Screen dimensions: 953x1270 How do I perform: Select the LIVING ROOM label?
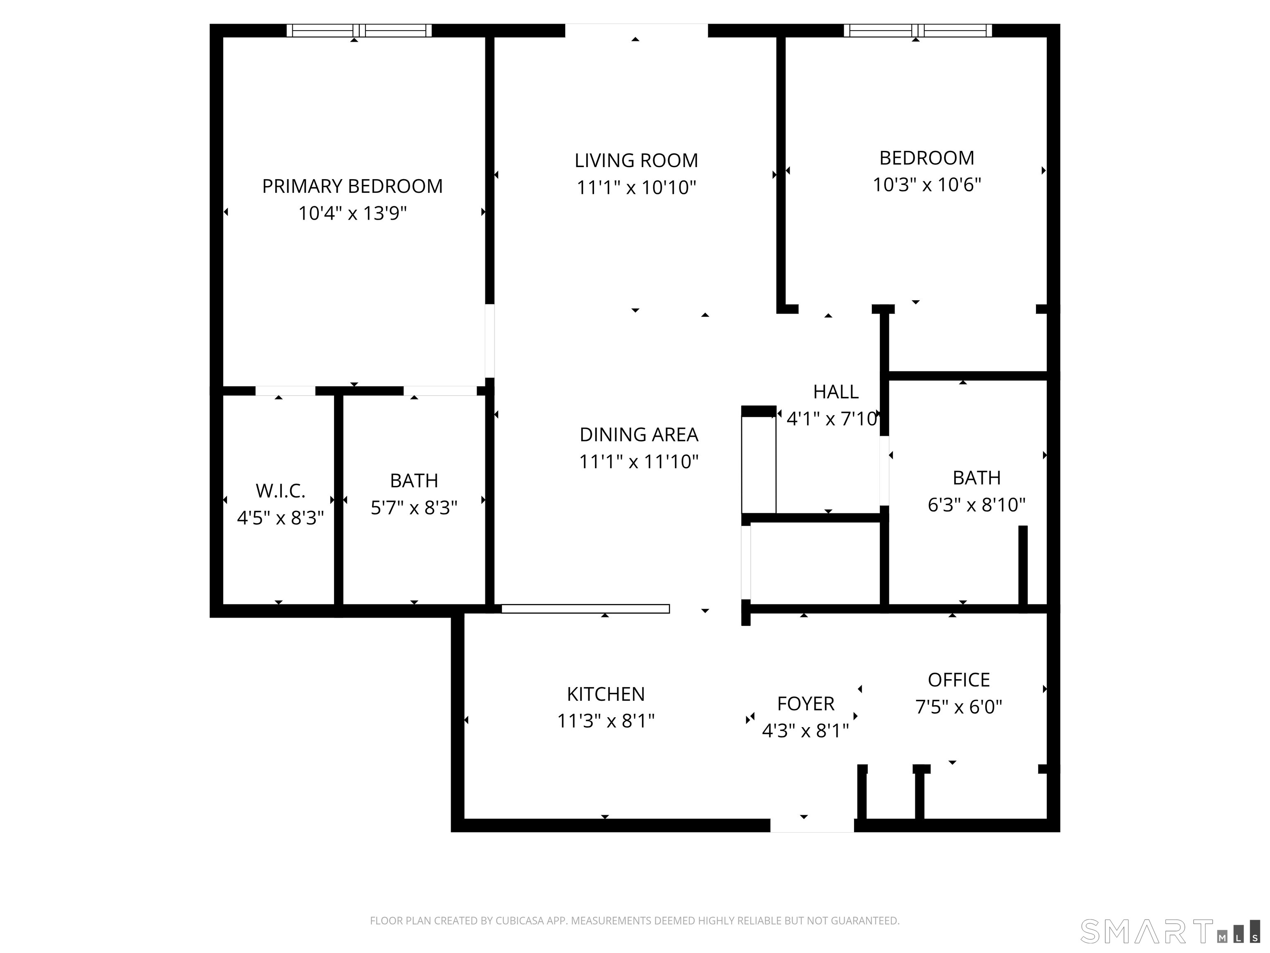636,160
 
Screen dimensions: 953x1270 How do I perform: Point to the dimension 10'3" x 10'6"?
927,185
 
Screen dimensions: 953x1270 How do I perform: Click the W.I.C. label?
280,491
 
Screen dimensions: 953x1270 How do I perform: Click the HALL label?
836,392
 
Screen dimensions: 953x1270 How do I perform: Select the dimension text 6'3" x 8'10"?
976,505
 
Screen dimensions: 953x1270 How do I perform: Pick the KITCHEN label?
606,694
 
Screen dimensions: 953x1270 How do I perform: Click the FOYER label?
805,704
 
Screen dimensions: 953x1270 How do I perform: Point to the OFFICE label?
958,680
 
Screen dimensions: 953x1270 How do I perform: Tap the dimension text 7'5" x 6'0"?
958,706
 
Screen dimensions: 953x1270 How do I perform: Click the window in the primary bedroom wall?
359,31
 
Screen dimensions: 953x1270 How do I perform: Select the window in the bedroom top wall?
917,31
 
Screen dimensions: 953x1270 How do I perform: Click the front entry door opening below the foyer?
812,826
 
